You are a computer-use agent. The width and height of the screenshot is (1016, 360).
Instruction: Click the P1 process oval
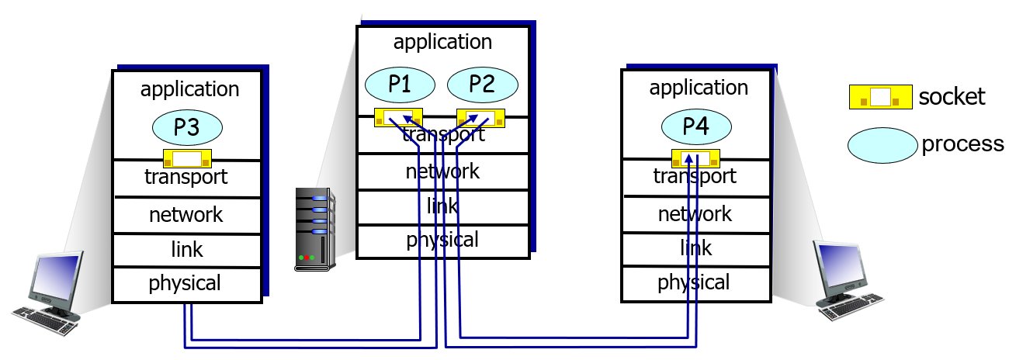[x=400, y=85]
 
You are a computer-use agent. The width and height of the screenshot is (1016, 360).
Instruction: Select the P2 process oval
[x=482, y=85]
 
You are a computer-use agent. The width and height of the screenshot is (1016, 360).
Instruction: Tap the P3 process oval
[x=187, y=128]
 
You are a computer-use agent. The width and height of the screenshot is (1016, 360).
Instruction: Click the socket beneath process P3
[x=187, y=159]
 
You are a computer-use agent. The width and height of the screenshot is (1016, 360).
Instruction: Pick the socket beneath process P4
[x=695, y=158]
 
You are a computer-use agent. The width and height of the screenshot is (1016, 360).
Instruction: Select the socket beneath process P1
[x=399, y=117]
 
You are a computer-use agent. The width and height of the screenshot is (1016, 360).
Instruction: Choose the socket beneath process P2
[x=480, y=118]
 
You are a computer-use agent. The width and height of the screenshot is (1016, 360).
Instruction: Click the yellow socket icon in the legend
[x=880, y=96]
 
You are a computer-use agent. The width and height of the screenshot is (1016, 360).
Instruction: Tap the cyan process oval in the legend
[x=882, y=145]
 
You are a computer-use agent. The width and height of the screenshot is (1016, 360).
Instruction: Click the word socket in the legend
[x=952, y=96]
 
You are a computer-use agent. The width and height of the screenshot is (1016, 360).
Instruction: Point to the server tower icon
[x=316, y=229]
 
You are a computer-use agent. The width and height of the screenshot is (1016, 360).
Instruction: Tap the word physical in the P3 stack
[x=185, y=283]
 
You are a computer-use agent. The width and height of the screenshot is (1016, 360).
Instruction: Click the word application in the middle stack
[x=442, y=42]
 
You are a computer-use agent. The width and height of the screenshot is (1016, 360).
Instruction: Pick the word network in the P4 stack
[x=695, y=213]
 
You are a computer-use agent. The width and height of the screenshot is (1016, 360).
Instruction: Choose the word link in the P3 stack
[x=187, y=249]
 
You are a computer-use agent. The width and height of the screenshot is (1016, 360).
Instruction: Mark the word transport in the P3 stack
[x=186, y=177]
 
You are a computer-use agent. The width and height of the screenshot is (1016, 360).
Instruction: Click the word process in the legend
[x=962, y=144]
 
